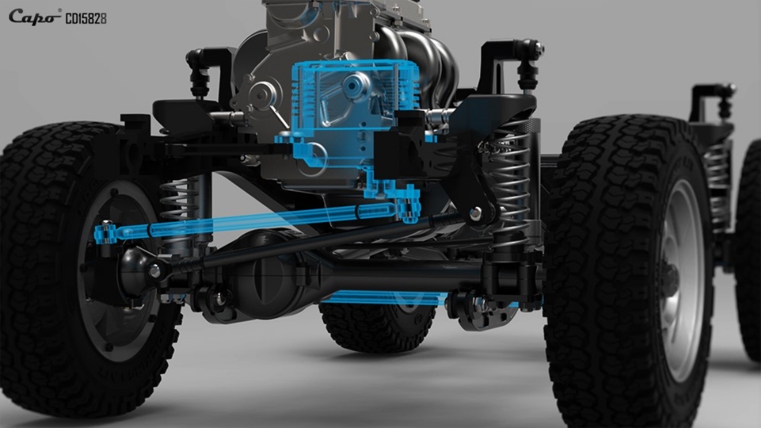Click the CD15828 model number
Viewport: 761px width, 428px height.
pyautogui.click(x=86, y=18)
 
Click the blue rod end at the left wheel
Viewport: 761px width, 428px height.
pyautogui.click(x=106, y=232)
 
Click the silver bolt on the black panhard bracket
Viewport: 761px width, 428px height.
pyautogui.click(x=475, y=212)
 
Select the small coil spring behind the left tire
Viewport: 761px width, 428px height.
pyautogui.click(x=179, y=200)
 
